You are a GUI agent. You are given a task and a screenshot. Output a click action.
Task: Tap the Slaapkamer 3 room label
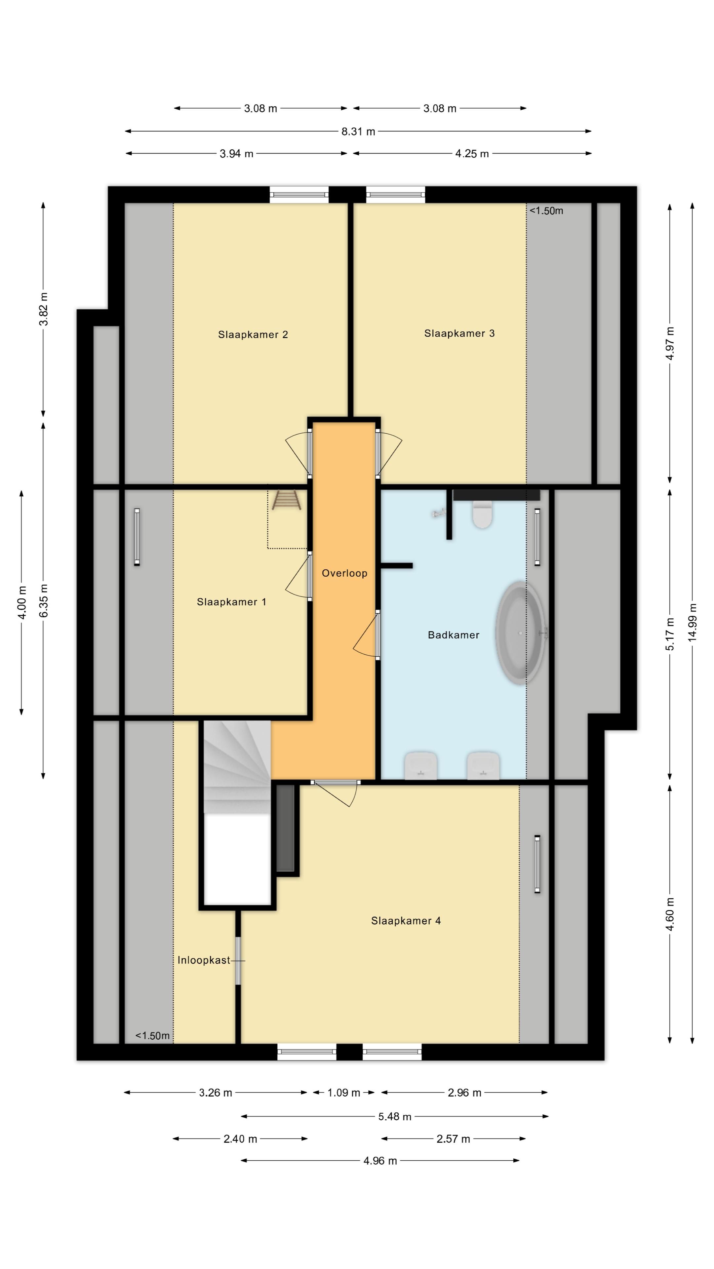click(459, 333)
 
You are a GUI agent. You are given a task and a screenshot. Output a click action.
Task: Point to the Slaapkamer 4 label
click(406, 921)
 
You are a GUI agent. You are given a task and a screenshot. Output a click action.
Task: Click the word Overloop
click(344, 573)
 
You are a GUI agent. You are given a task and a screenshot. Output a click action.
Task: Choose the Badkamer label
click(453, 635)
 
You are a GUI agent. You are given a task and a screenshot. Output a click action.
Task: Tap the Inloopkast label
click(204, 960)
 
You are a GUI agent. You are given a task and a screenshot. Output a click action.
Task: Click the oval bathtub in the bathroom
click(520, 633)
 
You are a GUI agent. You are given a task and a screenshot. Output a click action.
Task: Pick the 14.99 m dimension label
click(693, 622)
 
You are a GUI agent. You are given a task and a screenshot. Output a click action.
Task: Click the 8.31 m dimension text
click(358, 132)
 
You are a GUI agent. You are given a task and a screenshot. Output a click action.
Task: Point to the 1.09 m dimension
click(344, 1093)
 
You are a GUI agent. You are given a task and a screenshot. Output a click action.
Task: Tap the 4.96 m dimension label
click(380, 1161)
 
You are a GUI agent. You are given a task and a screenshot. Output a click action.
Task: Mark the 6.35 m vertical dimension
click(44, 600)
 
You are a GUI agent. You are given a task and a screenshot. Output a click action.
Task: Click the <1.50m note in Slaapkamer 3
click(546, 211)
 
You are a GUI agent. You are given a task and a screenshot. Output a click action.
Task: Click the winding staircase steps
click(237, 767)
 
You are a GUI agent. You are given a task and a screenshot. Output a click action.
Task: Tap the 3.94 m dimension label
click(237, 154)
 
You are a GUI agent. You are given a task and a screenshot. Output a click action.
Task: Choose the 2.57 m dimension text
click(453, 1139)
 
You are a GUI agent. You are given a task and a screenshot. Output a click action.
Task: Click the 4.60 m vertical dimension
click(670, 915)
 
